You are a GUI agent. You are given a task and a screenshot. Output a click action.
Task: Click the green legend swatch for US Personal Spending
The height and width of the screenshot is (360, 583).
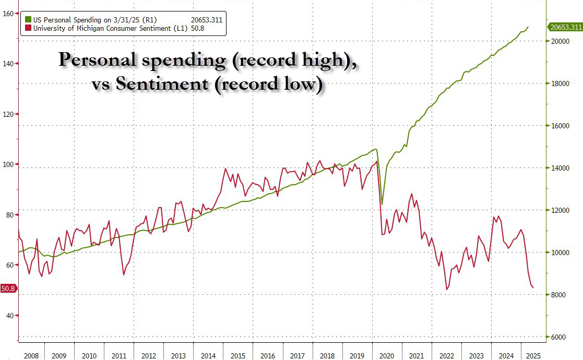tap(28, 20)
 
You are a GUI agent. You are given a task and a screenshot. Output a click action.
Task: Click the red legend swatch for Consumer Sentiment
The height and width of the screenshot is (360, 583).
tap(28, 28)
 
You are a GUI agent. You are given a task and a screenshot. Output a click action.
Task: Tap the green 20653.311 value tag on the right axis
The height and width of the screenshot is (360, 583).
tap(564, 27)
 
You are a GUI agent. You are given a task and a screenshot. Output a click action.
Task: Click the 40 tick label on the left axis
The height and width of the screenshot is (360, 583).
tap(9, 316)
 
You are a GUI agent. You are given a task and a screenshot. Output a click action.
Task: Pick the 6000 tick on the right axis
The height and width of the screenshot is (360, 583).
tap(556, 338)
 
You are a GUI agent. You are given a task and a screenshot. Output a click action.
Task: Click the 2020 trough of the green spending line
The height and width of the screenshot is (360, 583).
tap(382, 204)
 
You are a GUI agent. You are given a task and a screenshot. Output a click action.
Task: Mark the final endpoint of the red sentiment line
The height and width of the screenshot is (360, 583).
tap(533, 287)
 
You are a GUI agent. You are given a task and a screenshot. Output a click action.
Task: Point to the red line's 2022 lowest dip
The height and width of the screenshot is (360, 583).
tap(447, 290)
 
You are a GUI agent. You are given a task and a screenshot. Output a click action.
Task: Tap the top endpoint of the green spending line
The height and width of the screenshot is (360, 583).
tap(528, 27)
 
